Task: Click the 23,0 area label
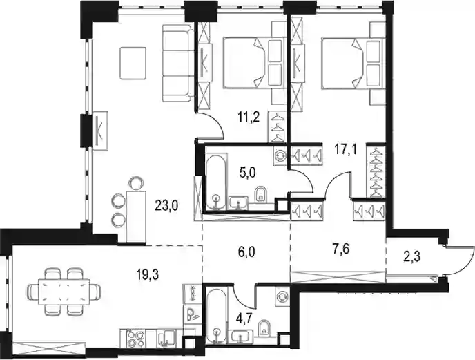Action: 166,206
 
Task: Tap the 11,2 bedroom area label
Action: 249,117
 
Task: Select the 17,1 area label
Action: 345,149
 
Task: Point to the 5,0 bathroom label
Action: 246,173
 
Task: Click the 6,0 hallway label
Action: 246,252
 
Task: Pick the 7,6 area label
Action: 341,249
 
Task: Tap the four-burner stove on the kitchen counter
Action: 135,339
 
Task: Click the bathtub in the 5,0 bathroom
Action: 215,182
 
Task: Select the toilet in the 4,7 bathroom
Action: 264,329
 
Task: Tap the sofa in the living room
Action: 177,63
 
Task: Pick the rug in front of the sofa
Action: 133,63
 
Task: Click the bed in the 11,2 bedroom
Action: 254,63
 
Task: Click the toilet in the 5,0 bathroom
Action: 261,193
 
